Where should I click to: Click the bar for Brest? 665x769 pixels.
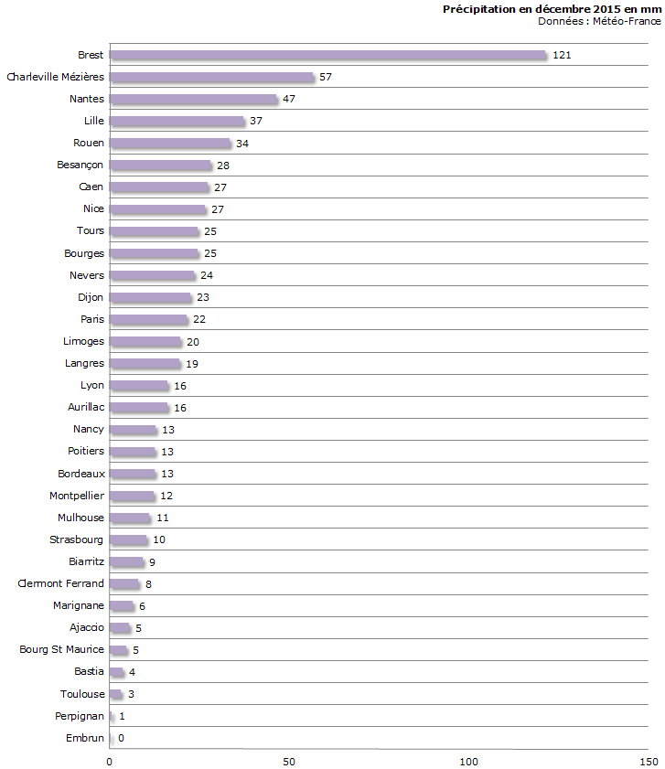pos(327,55)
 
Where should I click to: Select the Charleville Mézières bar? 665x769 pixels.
pos(211,77)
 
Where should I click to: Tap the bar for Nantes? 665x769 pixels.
pos(193,99)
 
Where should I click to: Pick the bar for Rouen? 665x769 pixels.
pos(170,144)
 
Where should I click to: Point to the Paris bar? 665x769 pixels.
pos(148,320)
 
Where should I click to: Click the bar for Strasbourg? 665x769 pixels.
pos(127,540)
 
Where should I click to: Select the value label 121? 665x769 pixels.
pos(562,55)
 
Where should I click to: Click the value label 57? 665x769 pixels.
pos(325,77)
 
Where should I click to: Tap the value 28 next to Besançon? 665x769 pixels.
pos(223,166)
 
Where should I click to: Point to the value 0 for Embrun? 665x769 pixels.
pos(121,739)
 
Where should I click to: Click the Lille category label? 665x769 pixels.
pos(93,121)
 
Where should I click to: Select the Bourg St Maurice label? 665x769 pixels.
pos(62,650)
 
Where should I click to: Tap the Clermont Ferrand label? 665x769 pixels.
pos(61,584)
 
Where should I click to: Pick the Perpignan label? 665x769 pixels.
pos(80,716)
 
